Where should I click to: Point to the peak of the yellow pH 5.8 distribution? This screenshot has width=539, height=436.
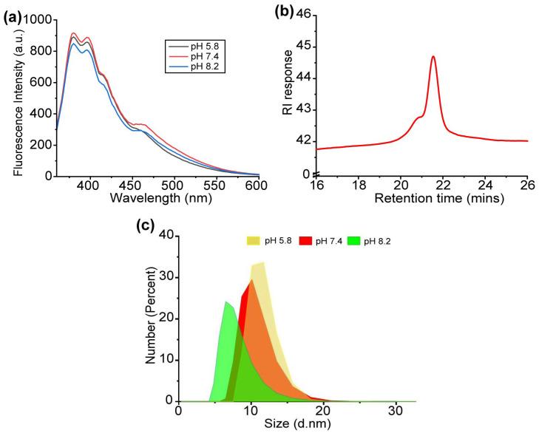pos(263,262)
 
